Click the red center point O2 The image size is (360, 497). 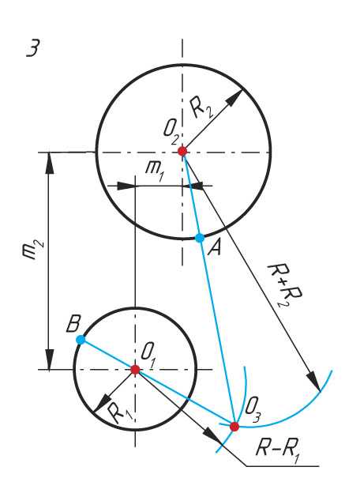182,151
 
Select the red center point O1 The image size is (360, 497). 135,369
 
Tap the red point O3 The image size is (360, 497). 234,427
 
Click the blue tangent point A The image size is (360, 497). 200,238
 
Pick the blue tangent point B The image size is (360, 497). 81,340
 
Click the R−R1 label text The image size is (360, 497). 277,450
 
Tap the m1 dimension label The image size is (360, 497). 155,171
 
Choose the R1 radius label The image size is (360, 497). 120,412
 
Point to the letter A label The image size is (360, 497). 214,249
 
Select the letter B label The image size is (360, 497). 73,324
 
